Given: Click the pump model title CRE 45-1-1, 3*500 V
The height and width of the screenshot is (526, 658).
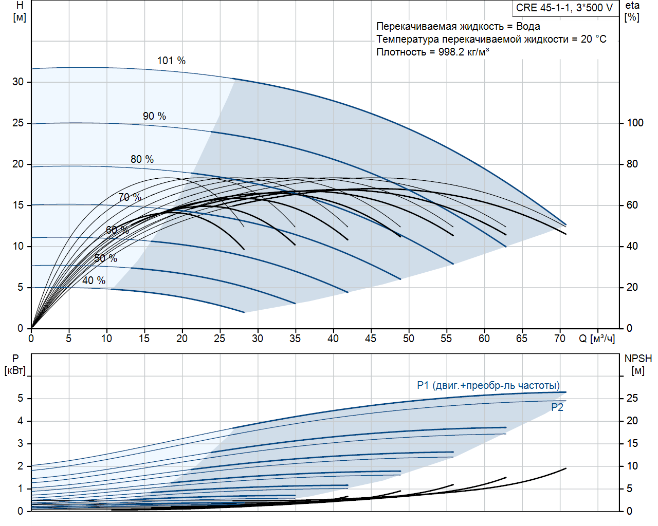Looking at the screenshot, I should tap(564, 8).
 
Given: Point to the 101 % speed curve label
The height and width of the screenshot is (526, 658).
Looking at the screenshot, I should tap(171, 61).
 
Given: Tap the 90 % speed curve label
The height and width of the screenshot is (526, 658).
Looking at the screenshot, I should tap(154, 116).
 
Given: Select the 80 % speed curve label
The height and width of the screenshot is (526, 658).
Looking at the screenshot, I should tap(142, 159).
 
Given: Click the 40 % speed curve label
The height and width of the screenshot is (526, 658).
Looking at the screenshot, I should tap(94, 280).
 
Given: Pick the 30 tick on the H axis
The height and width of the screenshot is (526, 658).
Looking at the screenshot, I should tap(19, 82).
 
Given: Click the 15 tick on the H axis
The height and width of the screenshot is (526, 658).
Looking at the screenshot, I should tap(19, 205).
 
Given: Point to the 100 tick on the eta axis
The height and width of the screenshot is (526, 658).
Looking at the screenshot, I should tap(635, 123).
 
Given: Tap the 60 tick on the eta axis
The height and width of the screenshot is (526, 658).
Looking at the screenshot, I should tap(632, 205).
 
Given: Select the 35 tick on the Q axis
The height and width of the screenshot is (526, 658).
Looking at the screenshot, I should tap(295, 339).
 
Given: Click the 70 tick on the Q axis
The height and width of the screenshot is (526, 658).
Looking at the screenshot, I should tap(559, 339).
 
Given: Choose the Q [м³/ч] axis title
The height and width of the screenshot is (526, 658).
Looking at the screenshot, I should tap(597, 339).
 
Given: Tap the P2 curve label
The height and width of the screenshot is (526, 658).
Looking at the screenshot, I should tap(557, 407).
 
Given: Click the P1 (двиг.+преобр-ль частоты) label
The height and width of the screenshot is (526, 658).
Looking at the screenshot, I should tap(488, 385).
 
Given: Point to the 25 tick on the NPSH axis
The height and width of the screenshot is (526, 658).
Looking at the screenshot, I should tap(632, 398).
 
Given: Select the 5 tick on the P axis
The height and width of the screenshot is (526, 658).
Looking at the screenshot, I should tap(21, 398).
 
